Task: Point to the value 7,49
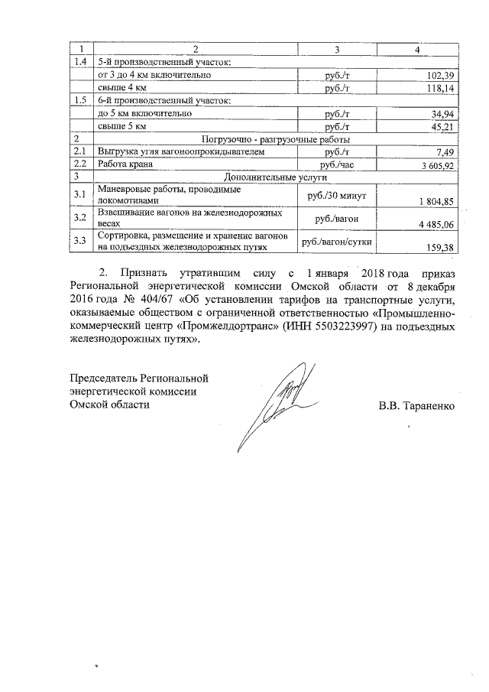click(x=445, y=152)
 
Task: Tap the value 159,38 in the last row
click(x=440, y=247)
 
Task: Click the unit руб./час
click(x=336, y=164)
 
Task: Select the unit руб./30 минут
click(x=336, y=196)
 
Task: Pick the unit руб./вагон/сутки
click(x=336, y=242)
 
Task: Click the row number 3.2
click(x=79, y=219)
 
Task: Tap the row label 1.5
click(x=79, y=101)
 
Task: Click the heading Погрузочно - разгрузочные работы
click(x=275, y=139)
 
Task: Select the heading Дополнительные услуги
click(x=275, y=177)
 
